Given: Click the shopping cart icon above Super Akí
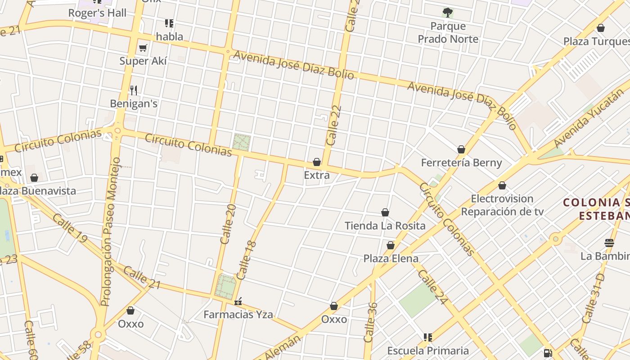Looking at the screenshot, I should (143, 48).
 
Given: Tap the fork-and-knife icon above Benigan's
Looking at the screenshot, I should (134, 90).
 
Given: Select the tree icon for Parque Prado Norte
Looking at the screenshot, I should (448, 12).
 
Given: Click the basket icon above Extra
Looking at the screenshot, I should (317, 162).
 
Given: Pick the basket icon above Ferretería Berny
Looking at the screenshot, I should (461, 149).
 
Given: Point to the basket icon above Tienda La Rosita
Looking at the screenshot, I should (385, 212).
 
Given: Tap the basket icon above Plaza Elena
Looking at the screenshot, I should (391, 245).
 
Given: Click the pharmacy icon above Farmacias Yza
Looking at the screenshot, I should (238, 301).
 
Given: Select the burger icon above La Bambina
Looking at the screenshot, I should (609, 243).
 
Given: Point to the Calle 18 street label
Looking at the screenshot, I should (246, 260).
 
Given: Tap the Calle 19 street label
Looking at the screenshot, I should (69, 228).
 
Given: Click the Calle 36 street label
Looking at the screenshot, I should (370, 322).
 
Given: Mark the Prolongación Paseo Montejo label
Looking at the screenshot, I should (111, 232).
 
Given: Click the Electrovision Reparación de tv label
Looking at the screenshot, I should (502, 205).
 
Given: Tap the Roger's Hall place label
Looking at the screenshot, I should (97, 13).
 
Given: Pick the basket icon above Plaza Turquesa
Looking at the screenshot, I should (601, 28).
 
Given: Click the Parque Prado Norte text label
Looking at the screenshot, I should (448, 32).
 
